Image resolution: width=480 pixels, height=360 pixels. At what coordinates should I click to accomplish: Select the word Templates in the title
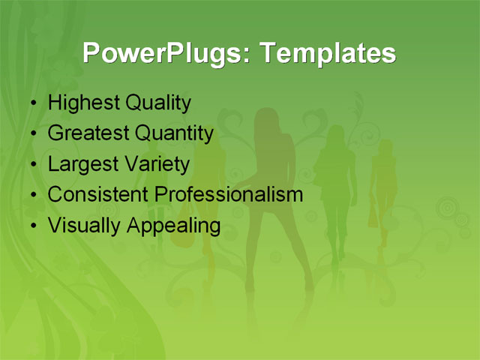click(x=326, y=53)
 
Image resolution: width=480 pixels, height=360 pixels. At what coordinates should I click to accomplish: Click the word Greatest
click(x=88, y=133)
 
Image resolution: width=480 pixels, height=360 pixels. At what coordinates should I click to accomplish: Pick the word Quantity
click(x=173, y=133)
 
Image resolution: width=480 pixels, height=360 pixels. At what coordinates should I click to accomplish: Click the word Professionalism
click(x=228, y=194)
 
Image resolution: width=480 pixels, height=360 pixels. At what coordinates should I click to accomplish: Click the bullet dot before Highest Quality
click(x=32, y=103)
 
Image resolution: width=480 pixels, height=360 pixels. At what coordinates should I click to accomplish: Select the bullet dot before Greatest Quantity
click(x=32, y=134)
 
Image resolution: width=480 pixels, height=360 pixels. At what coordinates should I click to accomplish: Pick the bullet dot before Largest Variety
click(x=32, y=164)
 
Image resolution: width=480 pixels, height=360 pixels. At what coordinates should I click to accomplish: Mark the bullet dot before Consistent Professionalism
click(x=32, y=195)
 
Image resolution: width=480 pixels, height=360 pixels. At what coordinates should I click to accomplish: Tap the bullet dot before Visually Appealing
click(x=32, y=226)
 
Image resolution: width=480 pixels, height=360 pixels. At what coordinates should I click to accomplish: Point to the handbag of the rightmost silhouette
click(x=373, y=217)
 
